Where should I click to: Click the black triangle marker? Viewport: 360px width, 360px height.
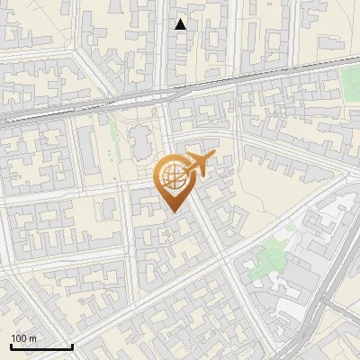tap(181, 24)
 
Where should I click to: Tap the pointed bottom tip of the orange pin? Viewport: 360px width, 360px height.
tap(172, 212)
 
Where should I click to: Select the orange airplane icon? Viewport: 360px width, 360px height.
tap(198, 165)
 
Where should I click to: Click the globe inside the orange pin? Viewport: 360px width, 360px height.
tap(171, 176)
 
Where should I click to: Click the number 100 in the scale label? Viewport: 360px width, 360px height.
tap(20, 338)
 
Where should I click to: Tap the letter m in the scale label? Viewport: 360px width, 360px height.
tap(33, 338)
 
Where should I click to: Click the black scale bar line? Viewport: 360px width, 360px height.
tap(41, 346)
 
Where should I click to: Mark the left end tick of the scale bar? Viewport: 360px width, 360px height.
tap(11, 346)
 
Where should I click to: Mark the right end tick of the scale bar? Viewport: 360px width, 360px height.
tap(72, 346)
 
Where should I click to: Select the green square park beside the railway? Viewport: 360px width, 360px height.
tap(350, 84)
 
